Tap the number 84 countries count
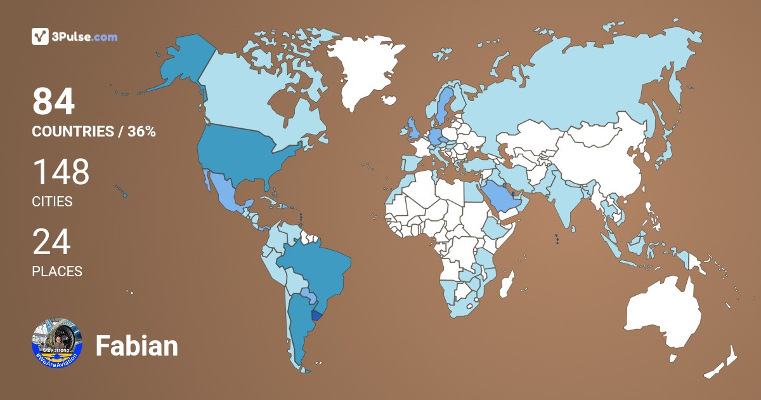pos(54,102)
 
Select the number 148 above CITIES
pos(61,173)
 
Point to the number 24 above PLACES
pos(51,243)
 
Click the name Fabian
pos(136,347)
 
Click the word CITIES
pos(52,202)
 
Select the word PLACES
pos(57,271)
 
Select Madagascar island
pos(507,284)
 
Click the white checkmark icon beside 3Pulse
pos(40,37)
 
